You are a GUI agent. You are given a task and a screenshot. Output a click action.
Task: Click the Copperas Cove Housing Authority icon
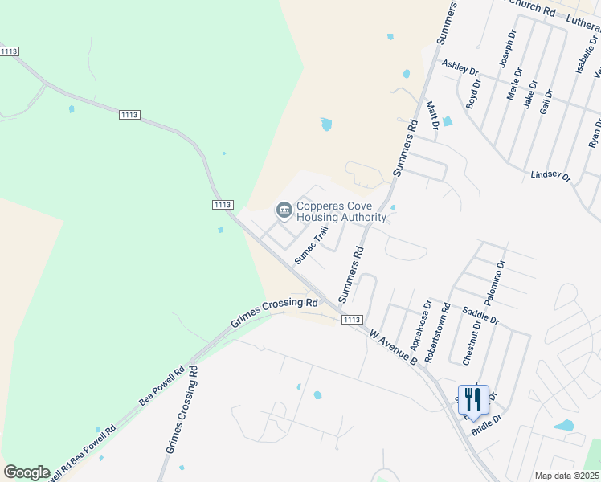(x=284, y=210)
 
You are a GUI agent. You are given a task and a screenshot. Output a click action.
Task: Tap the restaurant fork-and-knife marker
(x=473, y=399)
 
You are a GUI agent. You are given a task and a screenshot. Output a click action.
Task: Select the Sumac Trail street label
(x=312, y=245)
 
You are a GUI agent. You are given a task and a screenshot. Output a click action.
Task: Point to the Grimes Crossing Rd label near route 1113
(x=275, y=313)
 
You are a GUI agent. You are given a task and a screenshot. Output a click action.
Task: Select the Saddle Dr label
(x=480, y=314)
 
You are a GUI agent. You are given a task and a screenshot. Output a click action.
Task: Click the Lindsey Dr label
(x=550, y=176)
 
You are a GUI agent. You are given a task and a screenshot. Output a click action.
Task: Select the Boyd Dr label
(x=473, y=94)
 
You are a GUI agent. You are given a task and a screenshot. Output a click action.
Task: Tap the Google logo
(x=27, y=472)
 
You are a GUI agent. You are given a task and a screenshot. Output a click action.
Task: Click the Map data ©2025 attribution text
(x=567, y=476)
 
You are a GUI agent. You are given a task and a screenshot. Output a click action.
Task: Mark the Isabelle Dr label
(x=581, y=54)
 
